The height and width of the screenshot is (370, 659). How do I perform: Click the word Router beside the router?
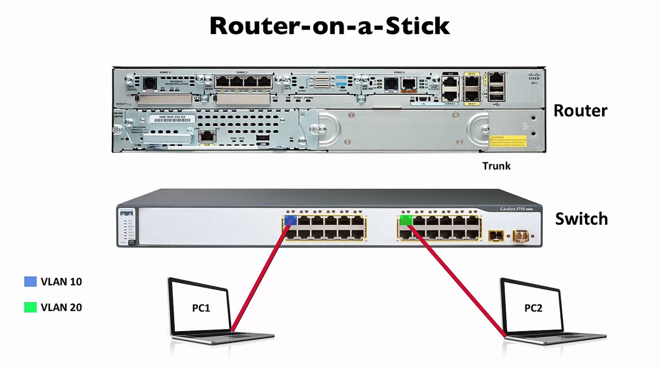pyautogui.click(x=580, y=111)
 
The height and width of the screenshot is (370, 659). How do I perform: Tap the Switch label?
pyautogui.click(x=581, y=219)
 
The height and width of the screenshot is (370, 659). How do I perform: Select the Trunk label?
pyautogui.click(x=496, y=166)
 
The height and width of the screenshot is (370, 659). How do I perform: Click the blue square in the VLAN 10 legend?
pyautogui.click(x=30, y=282)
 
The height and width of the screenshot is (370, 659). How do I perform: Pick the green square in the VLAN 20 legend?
pyautogui.click(x=30, y=307)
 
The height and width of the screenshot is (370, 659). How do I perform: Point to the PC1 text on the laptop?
pyautogui.click(x=201, y=308)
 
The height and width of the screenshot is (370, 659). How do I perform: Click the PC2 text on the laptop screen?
pyautogui.click(x=533, y=308)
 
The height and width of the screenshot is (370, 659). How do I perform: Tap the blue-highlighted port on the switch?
pyautogui.click(x=291, y=220)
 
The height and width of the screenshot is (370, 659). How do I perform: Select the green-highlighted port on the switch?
pyautogui.click(x=406, y=220)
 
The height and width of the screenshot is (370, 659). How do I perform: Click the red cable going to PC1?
pyautogui.click(x=261, y=277)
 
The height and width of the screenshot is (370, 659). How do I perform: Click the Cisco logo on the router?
pyautogui.click(x=534, y=77)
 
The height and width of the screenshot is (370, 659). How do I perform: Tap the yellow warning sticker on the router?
pyautogui.click(x=508, y=141)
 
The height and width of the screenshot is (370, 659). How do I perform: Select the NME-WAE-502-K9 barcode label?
pyautogui.click(x=172, y=119)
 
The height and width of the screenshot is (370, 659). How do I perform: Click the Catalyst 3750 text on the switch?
pyautogui.click(x=513, y=209)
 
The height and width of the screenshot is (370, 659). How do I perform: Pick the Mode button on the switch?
pyautogui.click(x=131, y=242)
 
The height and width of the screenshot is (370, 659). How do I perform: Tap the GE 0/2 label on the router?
pyautogui.click(x=472, y=74)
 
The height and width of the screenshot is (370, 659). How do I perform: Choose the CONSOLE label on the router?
pyautogui.click(x=450, y=103)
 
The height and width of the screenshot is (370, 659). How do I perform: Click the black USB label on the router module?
pyautogui.click(x=263, y=144)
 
